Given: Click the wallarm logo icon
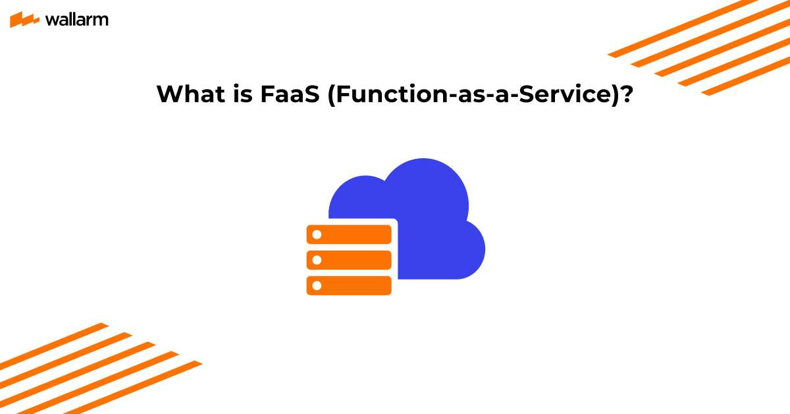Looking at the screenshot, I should tap(24, 20).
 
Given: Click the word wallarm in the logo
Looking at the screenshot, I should tap(76, 20).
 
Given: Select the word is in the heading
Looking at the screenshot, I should tap(238, 95).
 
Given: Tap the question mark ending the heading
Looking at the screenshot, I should tap(627, 95).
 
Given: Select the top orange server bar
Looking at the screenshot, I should tap(349, 235).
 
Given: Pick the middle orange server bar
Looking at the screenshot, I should tap(349, 260).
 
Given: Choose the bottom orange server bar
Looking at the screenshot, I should tap(349, 285).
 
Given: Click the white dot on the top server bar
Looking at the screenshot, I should tap(317, 235).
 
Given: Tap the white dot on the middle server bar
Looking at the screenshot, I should tap(317, 260).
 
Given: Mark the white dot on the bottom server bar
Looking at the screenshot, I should tap(317, 285).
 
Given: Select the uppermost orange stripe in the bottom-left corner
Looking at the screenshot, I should tap(53, 343).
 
